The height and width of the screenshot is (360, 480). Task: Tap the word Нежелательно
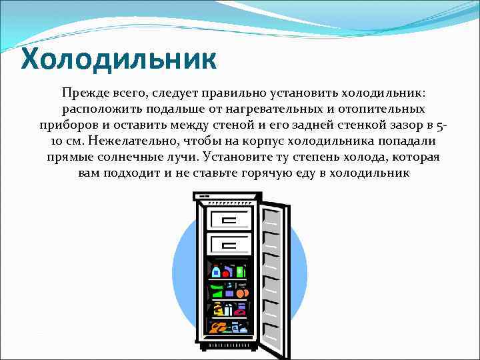tap(134, 141)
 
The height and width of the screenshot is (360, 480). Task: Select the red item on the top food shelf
tap(226, 273)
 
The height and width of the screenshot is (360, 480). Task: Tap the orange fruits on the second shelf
tap(241, 293)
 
